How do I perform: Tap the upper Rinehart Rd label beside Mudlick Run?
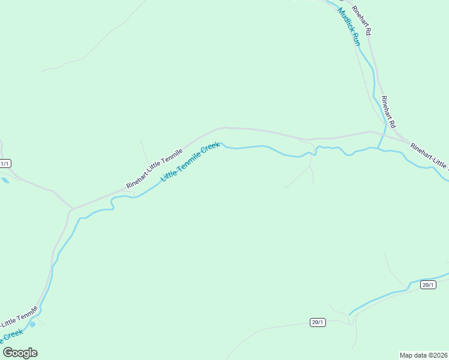[x=363, y=20]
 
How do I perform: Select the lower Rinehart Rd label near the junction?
[x=388, y=112]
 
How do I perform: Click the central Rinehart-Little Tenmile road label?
[x=154, y=168]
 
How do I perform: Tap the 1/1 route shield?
[x=5, y=163]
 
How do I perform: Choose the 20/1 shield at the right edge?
[x=427, y=284]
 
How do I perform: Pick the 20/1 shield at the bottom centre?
[x=318, y=322]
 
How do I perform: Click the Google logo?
[x=20, y=353]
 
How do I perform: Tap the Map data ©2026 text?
[x=423, y=355]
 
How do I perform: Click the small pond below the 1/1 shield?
[x=5, y=179]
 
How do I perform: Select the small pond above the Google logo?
[x=32, y=324]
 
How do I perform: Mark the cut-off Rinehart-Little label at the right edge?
[x=429, y=155]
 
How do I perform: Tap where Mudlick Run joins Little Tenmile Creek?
[x=379, y=148]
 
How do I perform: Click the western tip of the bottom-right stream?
[x=349, y=314]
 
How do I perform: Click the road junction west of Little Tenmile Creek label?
[x=73, y=209]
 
